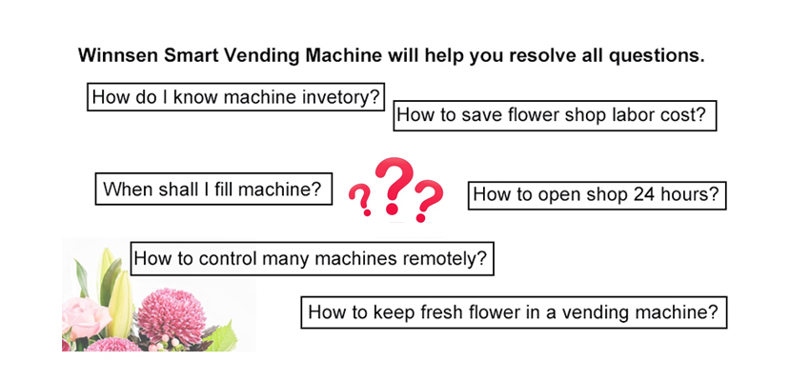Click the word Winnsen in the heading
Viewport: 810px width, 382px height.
119,55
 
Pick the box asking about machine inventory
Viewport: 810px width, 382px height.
236,96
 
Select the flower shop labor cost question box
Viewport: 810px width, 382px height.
555,115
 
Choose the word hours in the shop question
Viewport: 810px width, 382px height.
692,194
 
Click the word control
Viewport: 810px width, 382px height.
228,257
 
